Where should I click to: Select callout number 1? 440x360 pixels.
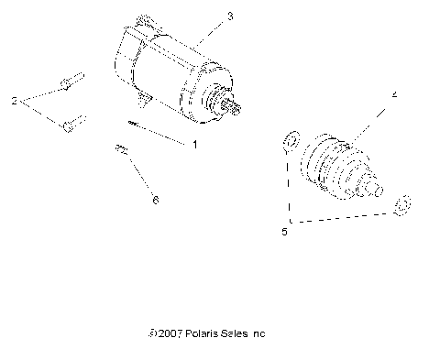coord(194,144)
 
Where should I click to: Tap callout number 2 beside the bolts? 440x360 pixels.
coord(14,99)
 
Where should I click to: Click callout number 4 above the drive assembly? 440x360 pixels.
coord(394,93)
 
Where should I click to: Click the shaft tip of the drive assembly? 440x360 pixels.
coord(375,189)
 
